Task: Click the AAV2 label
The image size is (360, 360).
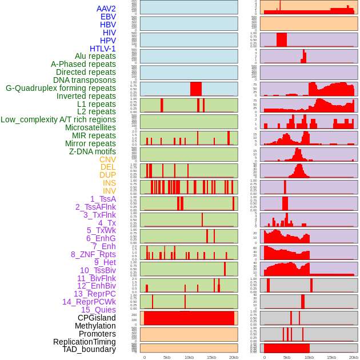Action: click(x=106, y=9)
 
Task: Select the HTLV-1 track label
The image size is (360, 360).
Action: click(x=103, y=49)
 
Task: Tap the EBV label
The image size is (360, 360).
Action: click(x=108, y=17)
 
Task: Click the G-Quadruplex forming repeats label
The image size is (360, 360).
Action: click(x=61, y=88)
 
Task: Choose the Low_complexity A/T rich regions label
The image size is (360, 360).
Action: click(x=58, y=119)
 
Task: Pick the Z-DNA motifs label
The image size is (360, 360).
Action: click(x=93, y=151)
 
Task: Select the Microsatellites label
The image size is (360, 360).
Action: click(x=90, y=127)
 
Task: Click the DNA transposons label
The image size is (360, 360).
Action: click(x=85, y=80)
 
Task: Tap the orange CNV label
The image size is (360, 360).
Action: click(x=107, y=159)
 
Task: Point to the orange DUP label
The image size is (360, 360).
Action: click(x=107, y=175)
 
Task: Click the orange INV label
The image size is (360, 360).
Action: click(x=109, y=191)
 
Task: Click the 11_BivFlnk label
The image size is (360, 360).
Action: click(x=97, y=278)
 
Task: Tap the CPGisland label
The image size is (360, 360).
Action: click(x=97, y=318)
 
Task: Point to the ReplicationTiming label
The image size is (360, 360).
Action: click(x=85, y=342)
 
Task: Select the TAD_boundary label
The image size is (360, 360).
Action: click(x=89, y=349)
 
